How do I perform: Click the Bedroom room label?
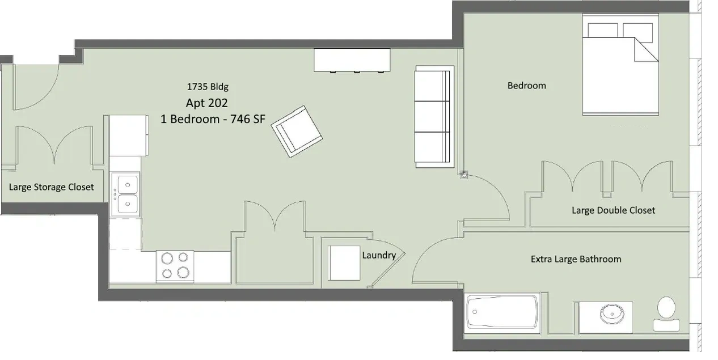pyautogui.click(x=527, y=86)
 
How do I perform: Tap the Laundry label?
pyautogui.click(x=379, y=255)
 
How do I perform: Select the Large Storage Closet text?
pyautogui.click(x=51, y=187)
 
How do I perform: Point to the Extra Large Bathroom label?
pyautogui.click(x=576, y=259)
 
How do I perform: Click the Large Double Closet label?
pyautogui.click(x=613, y=210)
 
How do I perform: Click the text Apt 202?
pyautogui.click(x=207, y=103)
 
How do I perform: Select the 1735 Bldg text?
pyautogui.click(x=208, y=87)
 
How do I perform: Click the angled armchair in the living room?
pyautogui.click(x=297, y=132)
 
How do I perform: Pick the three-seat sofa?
pyautogui.click(x=434, y=117)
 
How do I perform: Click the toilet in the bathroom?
pyautogui.click(x=666, y=314)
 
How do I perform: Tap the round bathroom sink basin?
pyautogui.click(x=612, y=314)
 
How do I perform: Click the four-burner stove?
pyautogui.click(x=175, y=266)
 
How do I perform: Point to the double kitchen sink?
pyautogui.click(x=128, y=194)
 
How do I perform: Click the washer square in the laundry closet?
pyautogui.click(x=344, y=263)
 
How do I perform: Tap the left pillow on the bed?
pyautogui.click(x=603, y=31)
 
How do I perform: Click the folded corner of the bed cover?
pyautogui.click(x=646, y=50)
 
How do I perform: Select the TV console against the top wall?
pyautogui.click(x=352, y=60)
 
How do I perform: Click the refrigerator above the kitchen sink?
pyautogui.click(x=129, y=136)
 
